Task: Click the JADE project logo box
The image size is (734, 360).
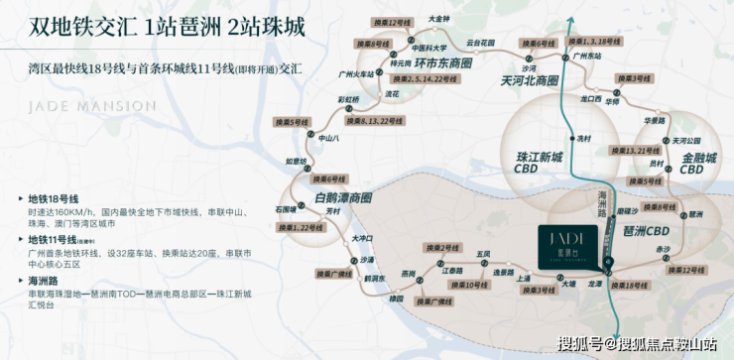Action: coord(568,242)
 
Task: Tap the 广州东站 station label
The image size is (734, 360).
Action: coord(589,58)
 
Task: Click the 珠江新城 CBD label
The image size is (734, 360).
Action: coord(541,164)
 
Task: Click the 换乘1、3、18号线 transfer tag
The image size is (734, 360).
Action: coord(602,41)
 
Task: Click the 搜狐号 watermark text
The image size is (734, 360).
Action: coord(580,344)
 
